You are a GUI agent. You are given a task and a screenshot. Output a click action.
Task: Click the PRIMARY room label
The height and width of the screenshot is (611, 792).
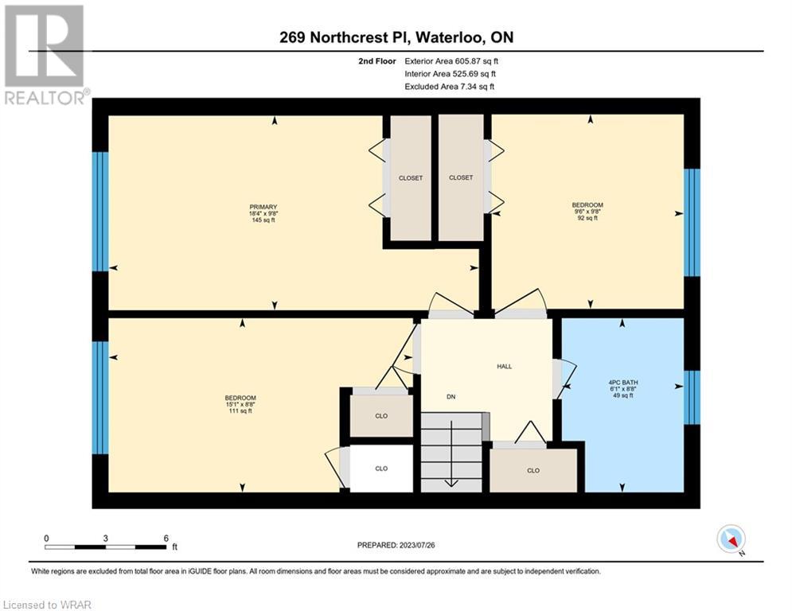pos(263,207)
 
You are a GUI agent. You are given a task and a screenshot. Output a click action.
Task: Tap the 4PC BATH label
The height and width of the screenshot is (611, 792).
pos(622,383)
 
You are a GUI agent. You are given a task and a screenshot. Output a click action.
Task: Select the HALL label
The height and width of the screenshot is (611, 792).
pos(504,367)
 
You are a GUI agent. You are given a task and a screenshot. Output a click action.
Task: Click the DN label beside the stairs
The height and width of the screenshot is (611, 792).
pos(451,397)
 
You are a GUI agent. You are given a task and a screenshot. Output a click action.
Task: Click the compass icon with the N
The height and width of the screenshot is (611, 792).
pos(732,539)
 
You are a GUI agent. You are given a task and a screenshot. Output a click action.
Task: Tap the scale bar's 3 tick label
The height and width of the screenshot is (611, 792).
pos(106,539)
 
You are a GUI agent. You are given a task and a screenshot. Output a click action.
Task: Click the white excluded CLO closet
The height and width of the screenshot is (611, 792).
pos(381,469)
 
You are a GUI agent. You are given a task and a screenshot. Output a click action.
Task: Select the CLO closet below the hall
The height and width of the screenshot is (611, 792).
pos(533,470)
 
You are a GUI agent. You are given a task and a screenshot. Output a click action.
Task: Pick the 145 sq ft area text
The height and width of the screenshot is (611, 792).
pos(263,220)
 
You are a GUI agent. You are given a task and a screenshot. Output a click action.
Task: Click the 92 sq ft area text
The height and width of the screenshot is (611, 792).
pos(587,218)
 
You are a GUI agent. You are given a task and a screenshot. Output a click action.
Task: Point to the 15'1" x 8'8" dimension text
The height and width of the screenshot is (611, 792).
pos(240,404)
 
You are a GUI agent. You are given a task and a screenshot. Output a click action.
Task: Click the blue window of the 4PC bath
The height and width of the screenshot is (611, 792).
pos(692,398)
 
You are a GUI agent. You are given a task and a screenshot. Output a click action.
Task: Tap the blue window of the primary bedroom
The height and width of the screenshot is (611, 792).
pos(100,212)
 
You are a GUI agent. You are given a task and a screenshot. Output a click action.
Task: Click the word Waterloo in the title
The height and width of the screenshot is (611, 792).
pos(447,37)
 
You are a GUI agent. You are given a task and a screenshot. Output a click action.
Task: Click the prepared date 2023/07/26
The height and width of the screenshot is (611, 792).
pos(417,545)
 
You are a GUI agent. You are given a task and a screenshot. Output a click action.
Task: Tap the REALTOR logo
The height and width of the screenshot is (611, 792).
pos(45,55)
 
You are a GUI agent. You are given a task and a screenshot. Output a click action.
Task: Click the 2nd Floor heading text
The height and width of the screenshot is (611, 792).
pos(377,61)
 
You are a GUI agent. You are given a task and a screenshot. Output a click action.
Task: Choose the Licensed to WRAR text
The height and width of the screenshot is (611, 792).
pos(47,605)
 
